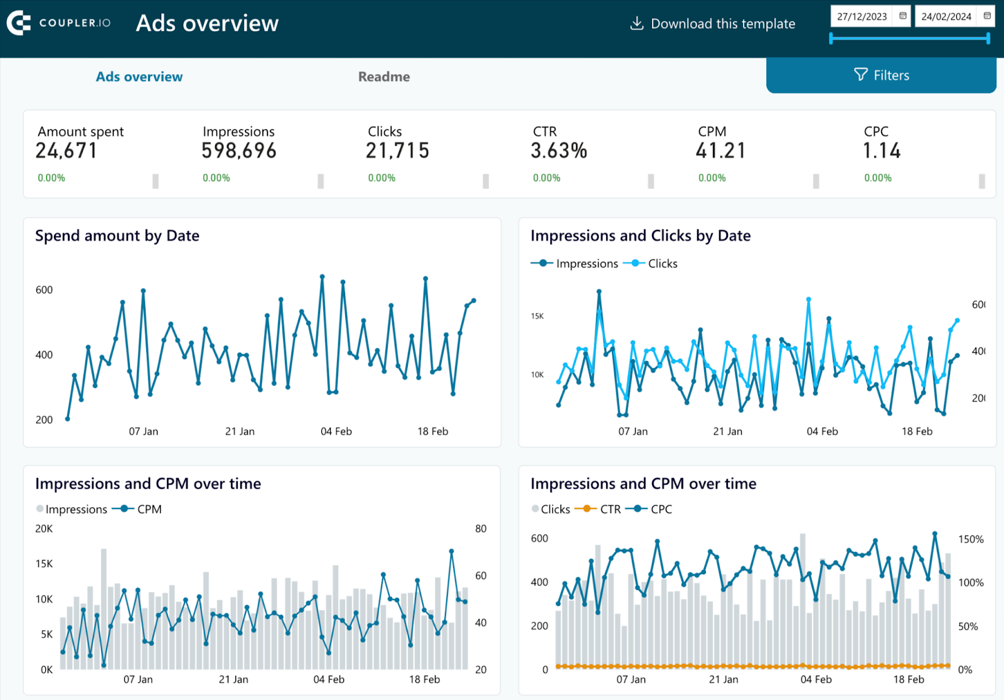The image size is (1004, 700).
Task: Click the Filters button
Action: coord(881,75)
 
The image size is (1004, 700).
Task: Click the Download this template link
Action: coord(713,24)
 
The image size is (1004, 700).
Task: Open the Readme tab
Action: coord(384,77)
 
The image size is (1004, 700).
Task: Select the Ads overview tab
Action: coord(139,77)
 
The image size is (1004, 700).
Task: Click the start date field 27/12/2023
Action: coord(862,16)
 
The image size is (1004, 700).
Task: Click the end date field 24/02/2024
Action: coord(946,16)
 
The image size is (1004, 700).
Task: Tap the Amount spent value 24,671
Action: coord(67,151)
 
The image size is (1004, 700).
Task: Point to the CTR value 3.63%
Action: coord(558,151)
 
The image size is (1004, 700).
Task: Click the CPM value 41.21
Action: coord(720,151)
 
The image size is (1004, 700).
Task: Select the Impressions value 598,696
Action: coord(239,151)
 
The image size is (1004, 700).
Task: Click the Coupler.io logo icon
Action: coord(19,23)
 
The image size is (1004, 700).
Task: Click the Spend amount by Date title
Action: coord(117,235)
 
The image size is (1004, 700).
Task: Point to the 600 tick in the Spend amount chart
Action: coord(44,290)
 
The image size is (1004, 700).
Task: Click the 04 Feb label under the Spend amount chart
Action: coord(336,431)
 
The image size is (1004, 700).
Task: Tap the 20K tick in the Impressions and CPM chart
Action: coord(44,529)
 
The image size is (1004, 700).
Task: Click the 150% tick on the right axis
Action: coord(971,539)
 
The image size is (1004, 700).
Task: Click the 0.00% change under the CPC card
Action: coord(877,178)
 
